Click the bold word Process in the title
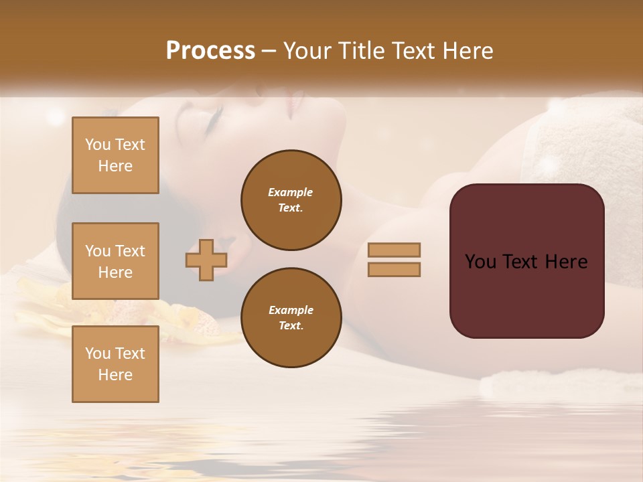[210, 51]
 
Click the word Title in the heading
[362, 51]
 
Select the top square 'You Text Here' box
[115, 155]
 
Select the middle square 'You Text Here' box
[115, 261]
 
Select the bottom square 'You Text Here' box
[115, 364]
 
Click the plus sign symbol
[206, 260]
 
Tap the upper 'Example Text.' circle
[291, 200]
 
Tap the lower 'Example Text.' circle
[291, 318]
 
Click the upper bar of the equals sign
[394, 250]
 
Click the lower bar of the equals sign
[394, 269]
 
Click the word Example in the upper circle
[290, 192]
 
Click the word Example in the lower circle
[291, 310]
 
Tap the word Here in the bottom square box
[115, 375]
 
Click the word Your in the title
[309, 51]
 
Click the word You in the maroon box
[480, 262]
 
